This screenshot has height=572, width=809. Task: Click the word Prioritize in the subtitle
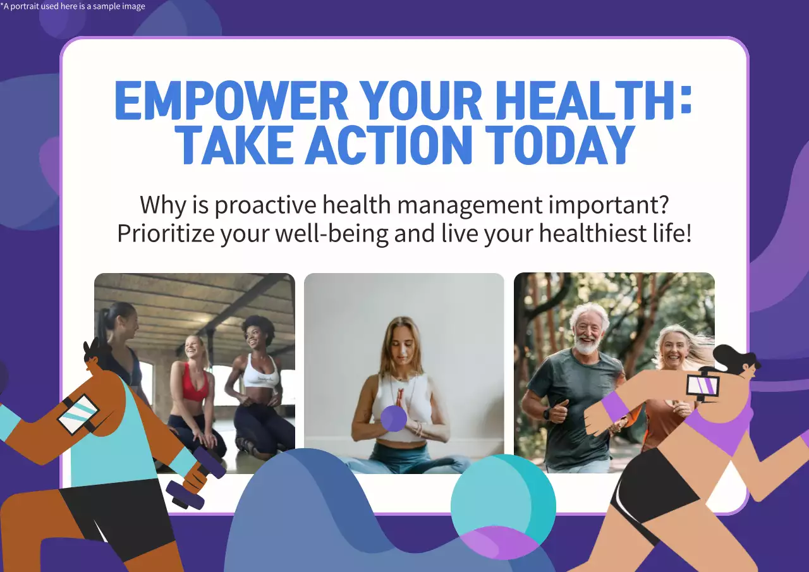[x=166, y=233]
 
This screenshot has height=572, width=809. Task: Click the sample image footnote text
[x=73, y=6]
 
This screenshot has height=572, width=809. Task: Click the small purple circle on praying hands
[x=394, y=419]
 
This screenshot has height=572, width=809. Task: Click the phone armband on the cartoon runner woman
[x=702, y=385]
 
